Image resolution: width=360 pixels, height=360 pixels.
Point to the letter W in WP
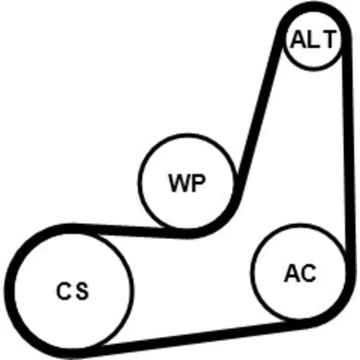coord(179,183)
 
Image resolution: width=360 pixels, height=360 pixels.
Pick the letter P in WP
coord(198,183)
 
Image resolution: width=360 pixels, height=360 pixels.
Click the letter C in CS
coord(63,291)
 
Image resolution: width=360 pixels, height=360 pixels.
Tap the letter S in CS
coord(81,291)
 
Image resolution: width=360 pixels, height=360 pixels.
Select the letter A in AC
coord(292,273)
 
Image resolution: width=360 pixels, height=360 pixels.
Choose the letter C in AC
coord(309,273)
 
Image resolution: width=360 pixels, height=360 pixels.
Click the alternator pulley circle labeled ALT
coord(312,40)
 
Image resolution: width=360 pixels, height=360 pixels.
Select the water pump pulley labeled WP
coord(186,181)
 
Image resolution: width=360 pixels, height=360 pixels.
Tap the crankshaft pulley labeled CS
coord(72,291)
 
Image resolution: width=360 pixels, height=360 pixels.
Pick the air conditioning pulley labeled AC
coord(299,272)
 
